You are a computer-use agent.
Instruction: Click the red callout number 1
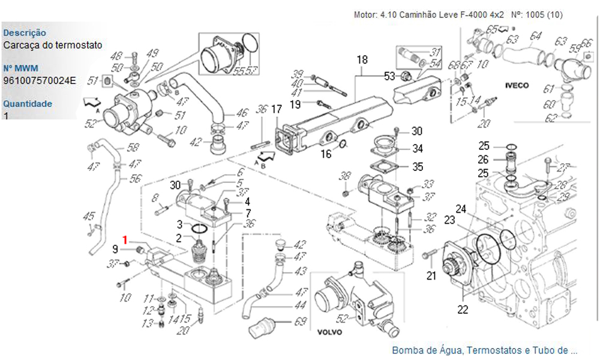click(125, 240)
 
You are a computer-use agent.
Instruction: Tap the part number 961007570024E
click(40, 80)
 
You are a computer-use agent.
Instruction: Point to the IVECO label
click(517, 86)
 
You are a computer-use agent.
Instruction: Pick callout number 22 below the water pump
click(463, 310)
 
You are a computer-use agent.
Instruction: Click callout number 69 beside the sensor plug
click(301, 322)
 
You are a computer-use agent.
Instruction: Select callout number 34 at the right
click(417, 148)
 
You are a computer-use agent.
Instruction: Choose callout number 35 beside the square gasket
click(417, 166)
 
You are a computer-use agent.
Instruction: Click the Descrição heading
click(25, 33)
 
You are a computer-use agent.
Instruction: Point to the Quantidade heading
click(27, 104)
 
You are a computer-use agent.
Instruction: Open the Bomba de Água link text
click(484, 350)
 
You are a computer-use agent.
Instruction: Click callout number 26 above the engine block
click(484, 159)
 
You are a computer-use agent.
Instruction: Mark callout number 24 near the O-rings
click(461, 209)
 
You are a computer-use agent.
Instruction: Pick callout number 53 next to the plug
click(390, 76)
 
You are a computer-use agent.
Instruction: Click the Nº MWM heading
click(20, 68)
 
